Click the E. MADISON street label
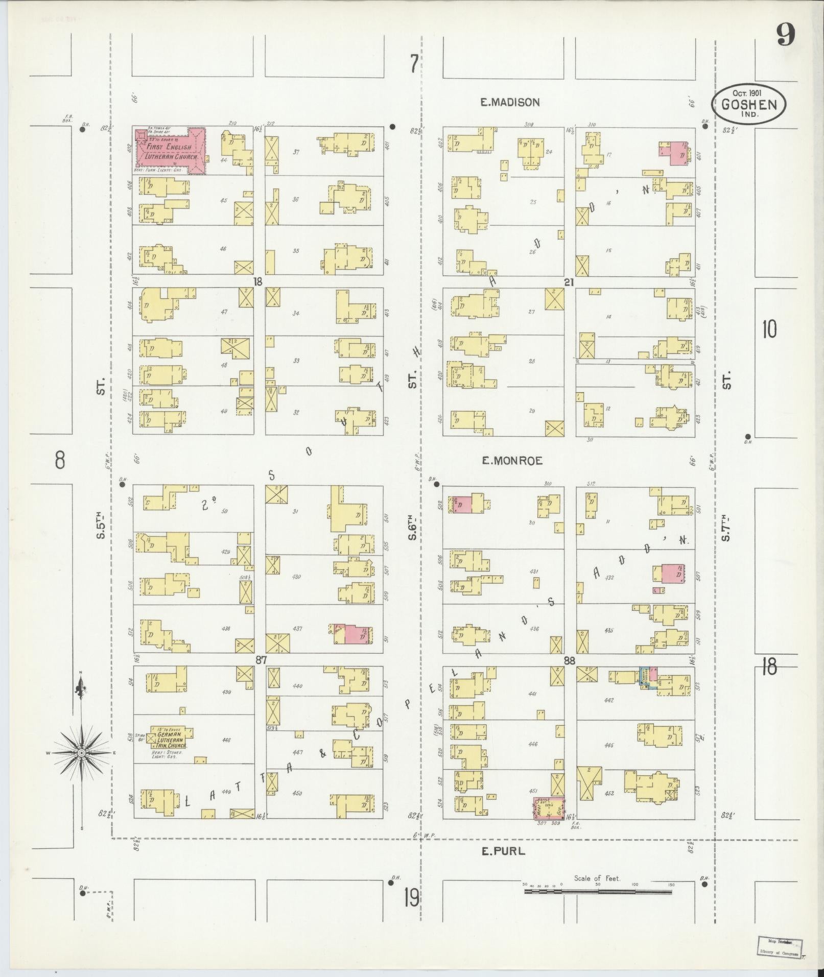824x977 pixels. coord(509,102)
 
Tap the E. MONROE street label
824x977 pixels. coord(511,461)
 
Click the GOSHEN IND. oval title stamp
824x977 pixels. coord(749,104)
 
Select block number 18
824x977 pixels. coord(259,282)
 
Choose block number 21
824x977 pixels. coord(569,282)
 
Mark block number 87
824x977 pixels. coord(261,660)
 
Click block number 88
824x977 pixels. coord(569,660)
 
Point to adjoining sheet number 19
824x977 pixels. coord(411,897)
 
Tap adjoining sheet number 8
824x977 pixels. coord(60,461)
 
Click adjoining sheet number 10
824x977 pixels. coord(769,329)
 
